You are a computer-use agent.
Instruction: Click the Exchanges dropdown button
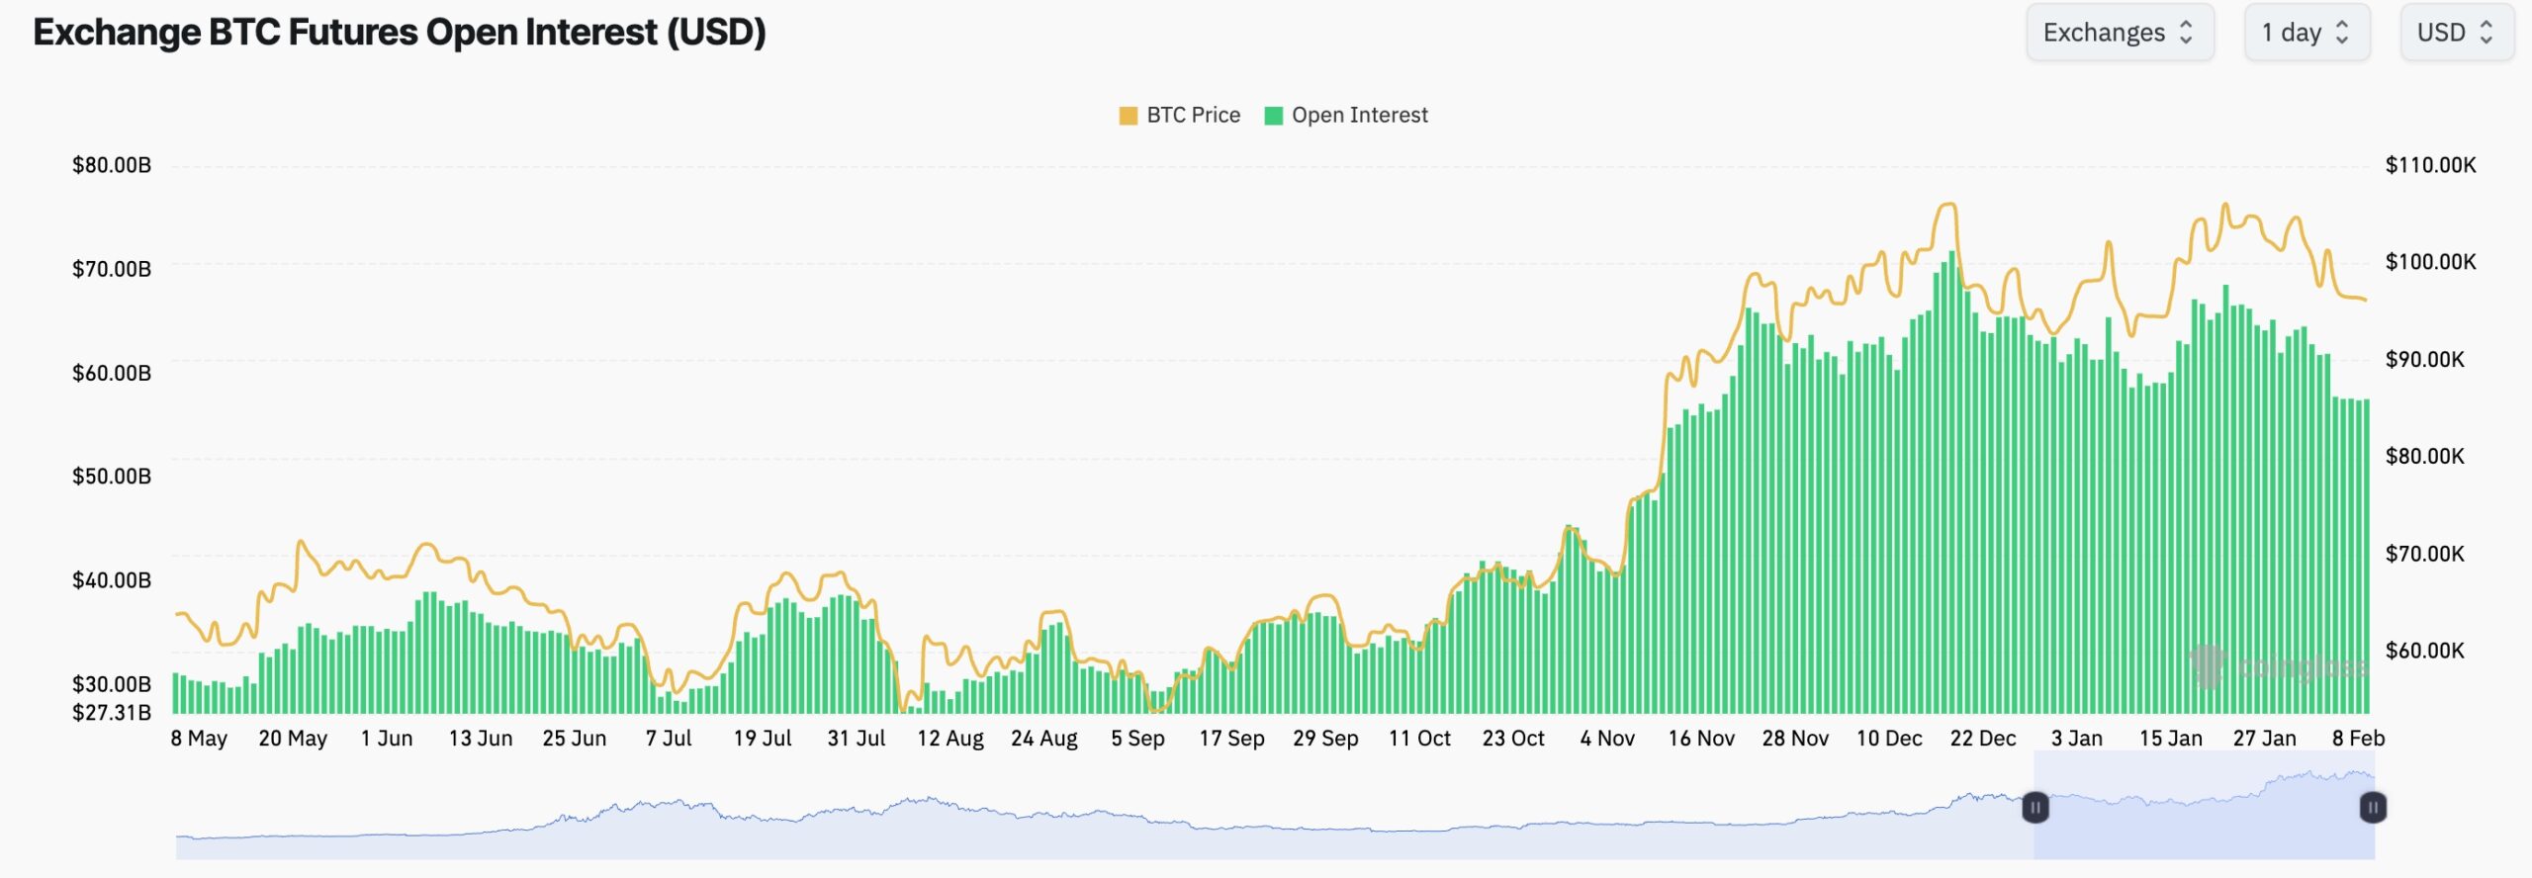coord(2119,33)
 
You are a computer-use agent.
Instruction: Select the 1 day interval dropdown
coord(2306,33)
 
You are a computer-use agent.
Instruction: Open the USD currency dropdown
coord(2456,33)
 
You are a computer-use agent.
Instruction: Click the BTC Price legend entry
coord(1179,116)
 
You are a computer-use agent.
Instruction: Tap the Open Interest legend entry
coord(1346,116)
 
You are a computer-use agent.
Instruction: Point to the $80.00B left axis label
coord(112,165)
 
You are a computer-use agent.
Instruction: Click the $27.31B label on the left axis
coord(112,712)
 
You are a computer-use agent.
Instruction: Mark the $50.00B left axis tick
coord(112,477)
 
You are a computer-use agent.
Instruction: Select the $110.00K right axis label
coord(2430,165)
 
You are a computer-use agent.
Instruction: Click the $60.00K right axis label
coord(2424,651)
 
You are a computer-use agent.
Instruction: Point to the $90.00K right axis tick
coord(2424,360)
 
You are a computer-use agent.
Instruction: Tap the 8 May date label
coord(199,739)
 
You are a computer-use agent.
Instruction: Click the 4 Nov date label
coord(1607,739)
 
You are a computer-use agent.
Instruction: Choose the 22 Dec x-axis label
coord(1982,739)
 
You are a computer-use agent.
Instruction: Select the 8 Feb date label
coord(2358,739)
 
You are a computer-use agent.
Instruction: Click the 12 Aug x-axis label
coord(949,739)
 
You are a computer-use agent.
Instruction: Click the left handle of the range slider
coord(2035,808)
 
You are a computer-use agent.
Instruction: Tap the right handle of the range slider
coord(2373,808)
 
